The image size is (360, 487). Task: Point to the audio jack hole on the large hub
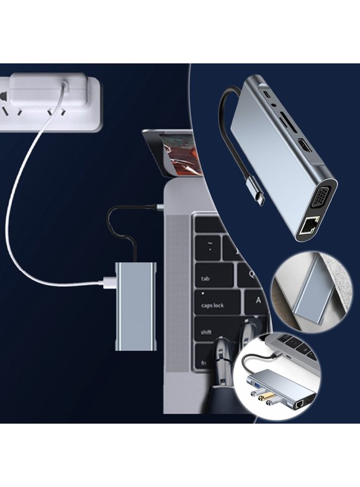point(274,114)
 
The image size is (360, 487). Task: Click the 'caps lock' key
point(212,305)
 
